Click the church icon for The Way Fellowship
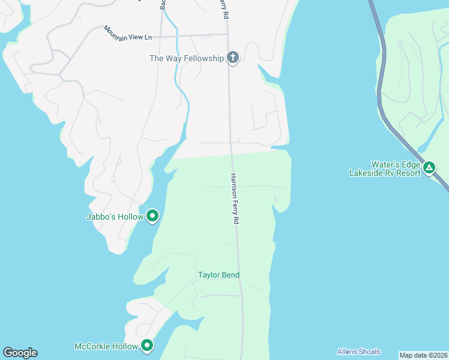233,58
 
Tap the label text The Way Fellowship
186,58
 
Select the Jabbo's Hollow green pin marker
152,215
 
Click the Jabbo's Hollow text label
115,217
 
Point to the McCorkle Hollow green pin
147,345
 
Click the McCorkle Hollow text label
106,346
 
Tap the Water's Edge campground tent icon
429,168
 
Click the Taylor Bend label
219,275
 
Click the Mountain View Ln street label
128,33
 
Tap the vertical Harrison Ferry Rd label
235,199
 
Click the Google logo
20,353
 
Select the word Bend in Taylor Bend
230,275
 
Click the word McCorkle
92,346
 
